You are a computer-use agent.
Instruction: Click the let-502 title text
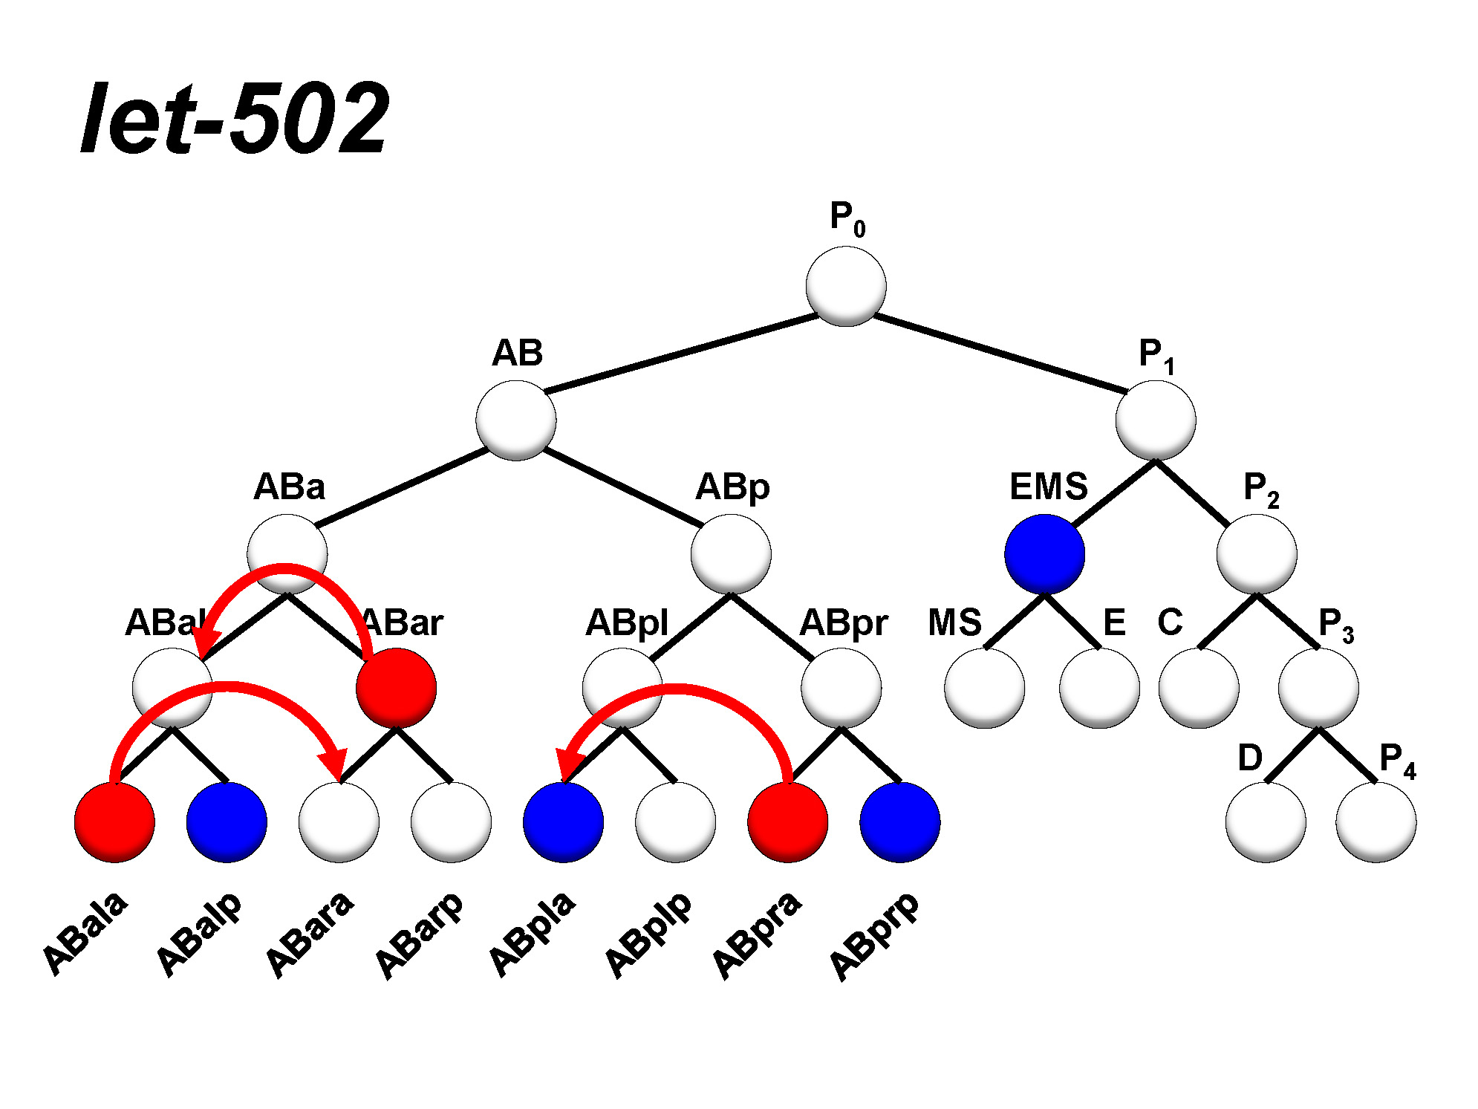[x=235, y=119]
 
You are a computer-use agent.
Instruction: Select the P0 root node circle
[x=845, y=287]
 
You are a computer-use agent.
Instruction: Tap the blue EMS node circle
[x=1044, y=554]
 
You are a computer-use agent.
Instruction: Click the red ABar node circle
[x=396, y=688]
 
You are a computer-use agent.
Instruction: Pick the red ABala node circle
[x=114, y=822]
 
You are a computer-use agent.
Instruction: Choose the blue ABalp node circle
[x=227, y=822]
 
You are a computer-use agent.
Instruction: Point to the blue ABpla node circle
[x=563, y=822]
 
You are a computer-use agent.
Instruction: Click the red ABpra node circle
[x=787, y=822]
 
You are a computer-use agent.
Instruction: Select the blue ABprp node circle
[x=899, y=822]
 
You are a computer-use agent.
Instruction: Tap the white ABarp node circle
[x=451, y=822]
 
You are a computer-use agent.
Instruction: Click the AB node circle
[x=515, y=420]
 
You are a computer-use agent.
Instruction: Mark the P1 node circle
[x=1155, y=420]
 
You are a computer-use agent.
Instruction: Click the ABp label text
[x=732, y=488]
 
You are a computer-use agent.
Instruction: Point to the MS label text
[x=954, y=622]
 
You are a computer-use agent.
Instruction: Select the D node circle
[x=1265, y=822]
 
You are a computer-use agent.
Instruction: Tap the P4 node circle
[x=1376, y=822]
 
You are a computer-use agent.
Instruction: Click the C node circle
[x=1198, y=688]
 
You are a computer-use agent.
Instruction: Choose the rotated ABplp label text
[x=648, y=934]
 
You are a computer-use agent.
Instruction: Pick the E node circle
[x=1099, y=688]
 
